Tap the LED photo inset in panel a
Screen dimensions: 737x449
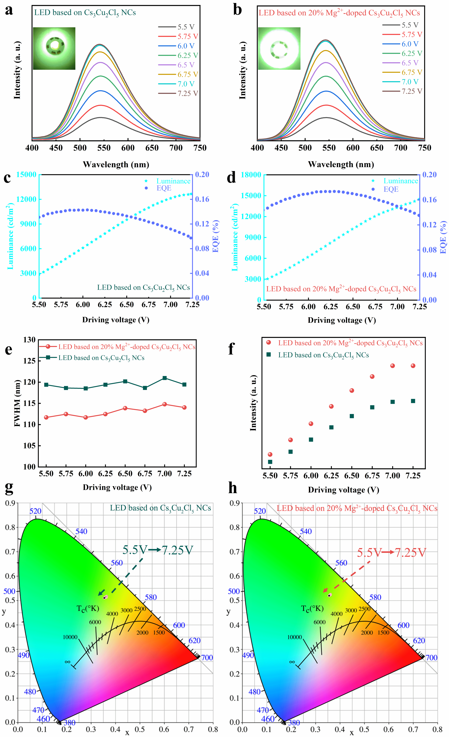[x=54, y=48]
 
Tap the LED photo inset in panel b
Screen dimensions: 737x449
[x=279, y=48]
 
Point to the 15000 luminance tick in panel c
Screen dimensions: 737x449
[x=26, y=174]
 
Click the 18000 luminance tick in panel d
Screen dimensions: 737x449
[x=251, y=175]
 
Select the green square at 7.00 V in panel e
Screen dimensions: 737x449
[x=164, y=378]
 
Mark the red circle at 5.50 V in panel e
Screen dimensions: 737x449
[x=46, y=417]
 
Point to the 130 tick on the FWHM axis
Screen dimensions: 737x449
[x=29, y=340]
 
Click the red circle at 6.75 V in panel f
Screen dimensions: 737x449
[x=372, y=377]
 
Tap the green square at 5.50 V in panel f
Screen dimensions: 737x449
[x=270, y=462]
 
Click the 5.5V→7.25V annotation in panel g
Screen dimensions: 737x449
[x=158, y=550]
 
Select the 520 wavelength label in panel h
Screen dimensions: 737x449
[x=260, y=511]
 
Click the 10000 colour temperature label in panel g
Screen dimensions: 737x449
[x=70, y=637]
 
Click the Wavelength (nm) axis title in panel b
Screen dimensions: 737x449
[x=341, y=164]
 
